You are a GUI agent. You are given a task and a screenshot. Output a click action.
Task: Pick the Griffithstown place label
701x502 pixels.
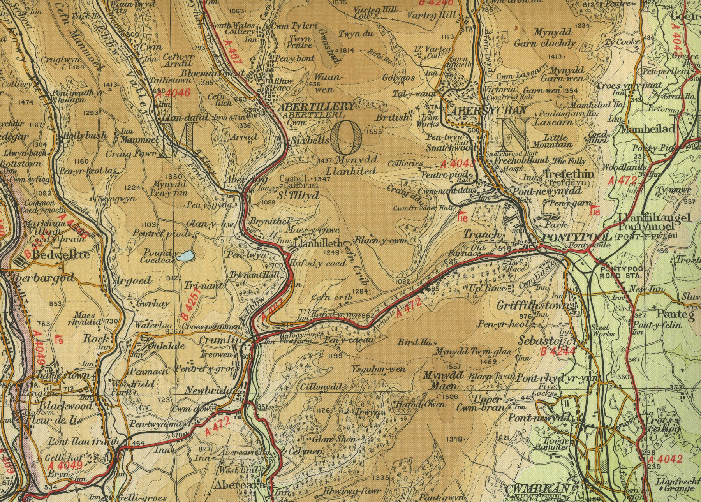532,306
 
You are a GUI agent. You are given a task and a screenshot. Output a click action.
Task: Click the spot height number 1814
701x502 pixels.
347,50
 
